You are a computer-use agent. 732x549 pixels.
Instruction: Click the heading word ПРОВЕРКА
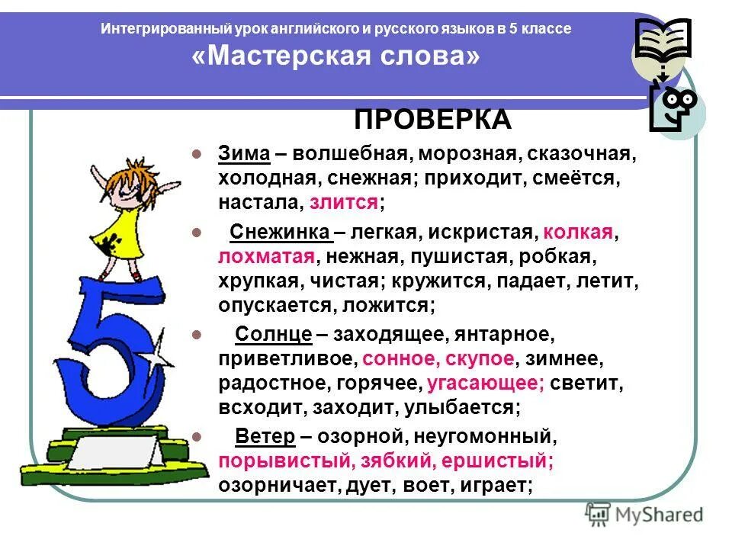tap(432, 120)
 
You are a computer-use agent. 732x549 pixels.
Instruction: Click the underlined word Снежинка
tap(280, 233)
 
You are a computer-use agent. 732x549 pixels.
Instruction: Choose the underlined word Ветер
tap(265, 437)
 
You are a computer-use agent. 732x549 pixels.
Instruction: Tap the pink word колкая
tap(579, 233)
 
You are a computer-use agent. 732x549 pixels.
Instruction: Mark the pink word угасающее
tap(485, 383)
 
